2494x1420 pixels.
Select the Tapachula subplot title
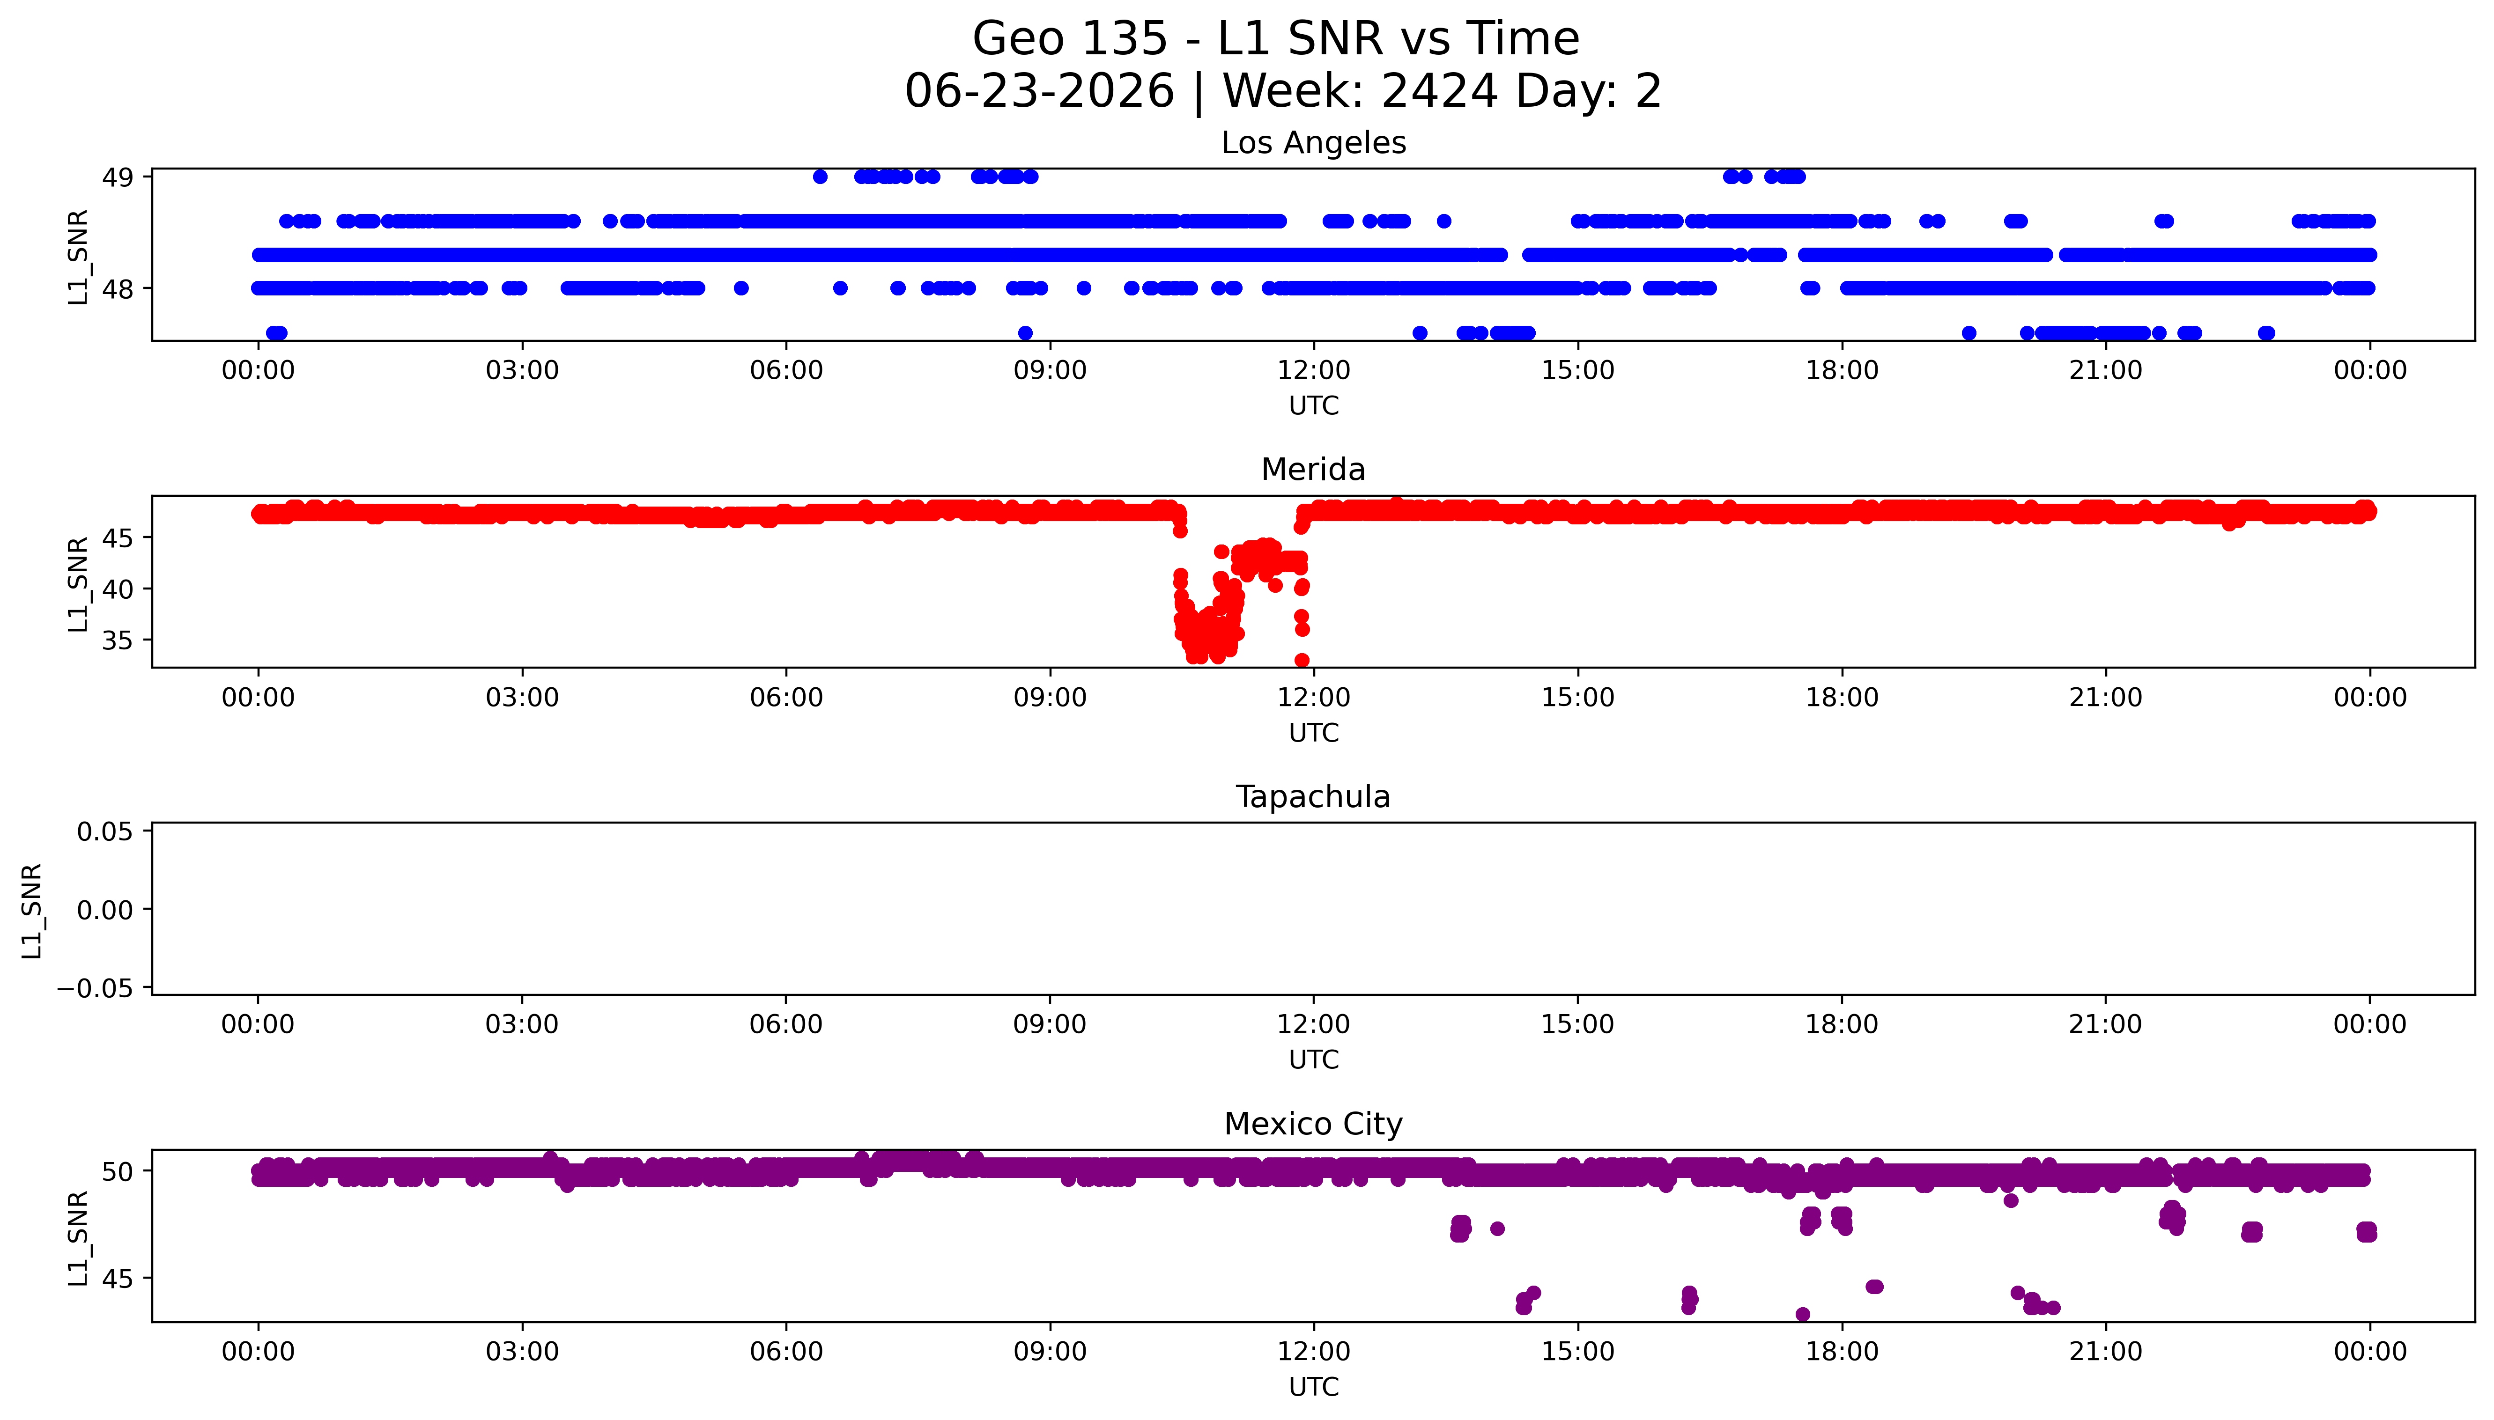point(1313,797)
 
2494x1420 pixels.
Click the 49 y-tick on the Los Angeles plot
point(118,177)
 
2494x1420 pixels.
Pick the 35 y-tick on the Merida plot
point(118,641)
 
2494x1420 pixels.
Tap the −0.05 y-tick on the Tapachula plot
point(96,989)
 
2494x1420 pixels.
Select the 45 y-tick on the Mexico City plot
point(118,1279)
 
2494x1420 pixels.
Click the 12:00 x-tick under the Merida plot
point(1314,697)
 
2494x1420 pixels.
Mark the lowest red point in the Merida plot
point(1301,660)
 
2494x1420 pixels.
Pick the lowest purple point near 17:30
point(1802,1315)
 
